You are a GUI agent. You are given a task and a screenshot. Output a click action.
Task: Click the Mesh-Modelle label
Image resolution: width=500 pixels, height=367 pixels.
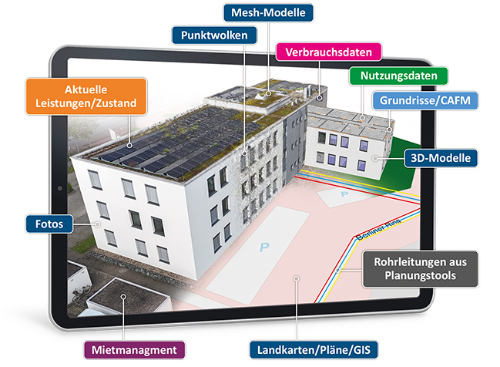pos(268,12)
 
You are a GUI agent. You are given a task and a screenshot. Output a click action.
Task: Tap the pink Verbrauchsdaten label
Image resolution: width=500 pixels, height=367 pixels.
pos(329,52)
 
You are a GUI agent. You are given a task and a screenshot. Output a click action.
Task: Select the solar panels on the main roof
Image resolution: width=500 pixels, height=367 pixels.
pos(154,151)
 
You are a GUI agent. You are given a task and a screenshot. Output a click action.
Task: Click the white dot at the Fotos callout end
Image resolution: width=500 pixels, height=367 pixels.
pos(98,224)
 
